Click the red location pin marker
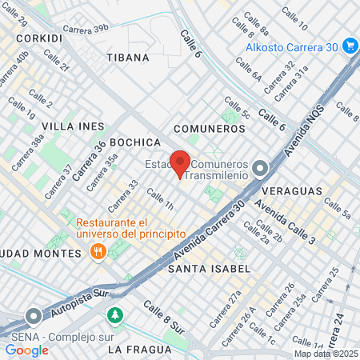pyautogui.click(x=180, y=163)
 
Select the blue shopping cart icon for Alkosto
pyautogui.click(x=349, y=46)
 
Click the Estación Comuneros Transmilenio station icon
pyautogui.click(x=260, y=168)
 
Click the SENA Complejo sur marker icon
pyautogui.click(x=33, y=316)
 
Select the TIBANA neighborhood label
pyautogui.click(x=127, y=57)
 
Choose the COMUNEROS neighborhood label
pyautogui.click(x=209, y=128)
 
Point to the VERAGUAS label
pyautogui.click(x=295, y=191)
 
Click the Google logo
pyautogui.click(x=26, y=350)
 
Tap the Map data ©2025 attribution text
pyautogui.click(x=326, y=354)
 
